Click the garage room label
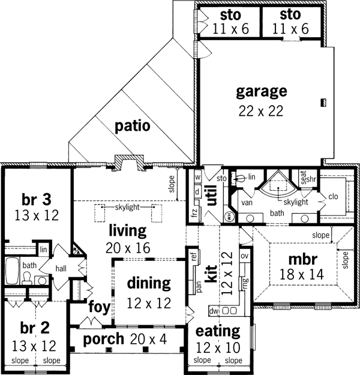pos(261,92)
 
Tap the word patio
pos(133,127)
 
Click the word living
pos(127,230)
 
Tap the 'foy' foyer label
pos(98,307)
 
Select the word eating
pos(217,331)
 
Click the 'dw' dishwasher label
pos(214,311)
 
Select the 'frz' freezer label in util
pos(195,214)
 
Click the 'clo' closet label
pos(334,196)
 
